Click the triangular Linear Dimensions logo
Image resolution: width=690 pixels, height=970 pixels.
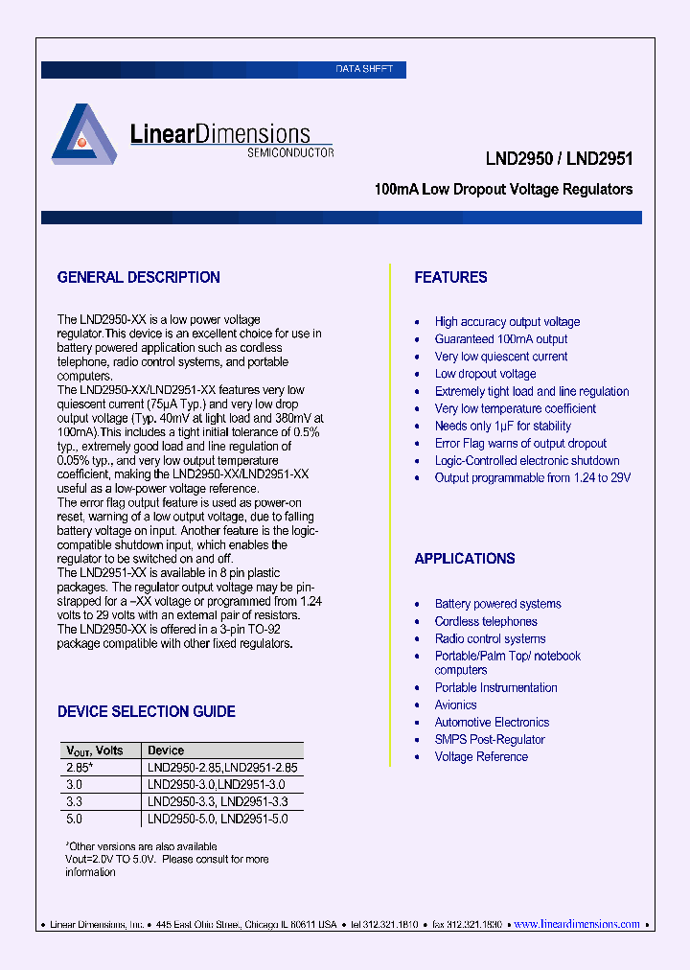coord(82,137)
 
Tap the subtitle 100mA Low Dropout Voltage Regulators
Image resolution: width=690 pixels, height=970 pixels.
coord(503,190)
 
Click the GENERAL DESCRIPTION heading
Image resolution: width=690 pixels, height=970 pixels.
coord(139,278)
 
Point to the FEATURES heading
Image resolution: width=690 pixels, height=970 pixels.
coord(450,278)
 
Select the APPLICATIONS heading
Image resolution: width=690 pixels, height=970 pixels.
coord(465,559)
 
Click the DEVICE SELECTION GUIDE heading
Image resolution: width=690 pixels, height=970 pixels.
coord(146,712)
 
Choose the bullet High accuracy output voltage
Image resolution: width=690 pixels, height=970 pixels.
coord(507,322)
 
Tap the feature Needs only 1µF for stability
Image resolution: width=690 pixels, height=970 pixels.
coord(502,426)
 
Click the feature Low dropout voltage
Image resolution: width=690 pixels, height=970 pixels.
coord(485,374)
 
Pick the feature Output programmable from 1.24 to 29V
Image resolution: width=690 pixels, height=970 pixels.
coord(533,477)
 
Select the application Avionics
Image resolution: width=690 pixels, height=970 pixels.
coord(455,705)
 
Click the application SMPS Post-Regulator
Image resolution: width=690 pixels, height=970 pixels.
coord(490,740)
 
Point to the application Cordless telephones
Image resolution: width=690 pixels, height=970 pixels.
coord(486,622)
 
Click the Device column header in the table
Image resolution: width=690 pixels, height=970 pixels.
coord(166,751)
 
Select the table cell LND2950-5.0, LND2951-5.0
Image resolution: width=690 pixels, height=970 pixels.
coord(218,820)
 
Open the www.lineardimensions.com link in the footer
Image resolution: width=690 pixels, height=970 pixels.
coord(577,925)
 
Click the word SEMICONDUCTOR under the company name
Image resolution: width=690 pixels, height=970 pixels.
coord(290,152)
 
